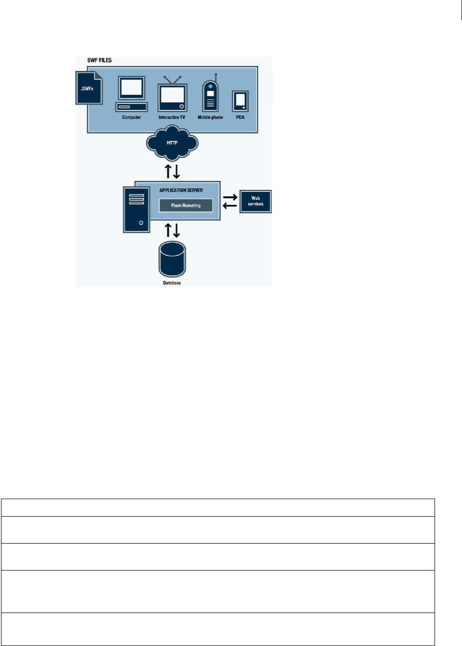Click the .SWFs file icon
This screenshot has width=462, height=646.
[x=88, y=87]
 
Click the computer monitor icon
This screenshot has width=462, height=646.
[x=131, y=89]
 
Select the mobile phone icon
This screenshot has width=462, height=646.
[x=210, y=95]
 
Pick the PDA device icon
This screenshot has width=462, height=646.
[x=240, y=101]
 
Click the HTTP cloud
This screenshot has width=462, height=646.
[x=172, y=142]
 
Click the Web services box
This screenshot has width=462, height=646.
[x=255, y=202]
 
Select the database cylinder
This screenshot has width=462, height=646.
[x=171, y=260]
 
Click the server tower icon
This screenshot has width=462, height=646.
[x=137, y=209]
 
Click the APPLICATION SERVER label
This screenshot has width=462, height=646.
[x=180, y=190]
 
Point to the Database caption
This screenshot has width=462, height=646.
[x=171, y=283]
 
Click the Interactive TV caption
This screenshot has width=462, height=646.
[x=172, y=118]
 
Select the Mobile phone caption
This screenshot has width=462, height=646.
[x=210, y=118]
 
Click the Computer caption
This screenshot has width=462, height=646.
[x=132, y=118]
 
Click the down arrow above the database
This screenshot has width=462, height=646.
[x=176, y=230]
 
